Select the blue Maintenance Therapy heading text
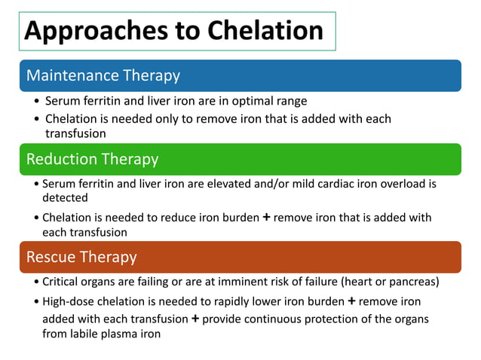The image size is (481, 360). [103, 75]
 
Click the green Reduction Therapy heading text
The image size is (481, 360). [92, 159]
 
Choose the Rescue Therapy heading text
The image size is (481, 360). [81, 257]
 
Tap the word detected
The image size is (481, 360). [65, 197]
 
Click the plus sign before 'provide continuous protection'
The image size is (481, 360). [195, 318]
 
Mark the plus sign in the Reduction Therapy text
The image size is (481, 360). [265, 218]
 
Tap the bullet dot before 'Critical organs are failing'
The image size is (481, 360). [38, 282]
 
